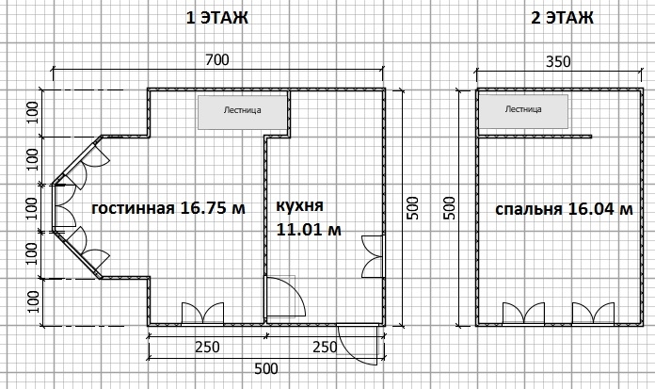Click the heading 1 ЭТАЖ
(216, 18)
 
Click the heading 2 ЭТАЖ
(562, 18)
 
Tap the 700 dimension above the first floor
(217, 60)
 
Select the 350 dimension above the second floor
(558, 62)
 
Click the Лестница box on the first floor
(243, 112)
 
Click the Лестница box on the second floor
(523, 111)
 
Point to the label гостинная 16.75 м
(168, 208)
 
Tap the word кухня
(299, 205)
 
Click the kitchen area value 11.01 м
(309, 230)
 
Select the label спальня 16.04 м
(564, 209)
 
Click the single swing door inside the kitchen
(286, 297)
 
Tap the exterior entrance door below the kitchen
(360, 344)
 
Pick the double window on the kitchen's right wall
(373, 256)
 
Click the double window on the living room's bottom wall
(202, 313)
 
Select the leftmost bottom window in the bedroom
(523, 314)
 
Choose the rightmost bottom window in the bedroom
(593, 314)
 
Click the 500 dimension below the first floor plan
(266, 368)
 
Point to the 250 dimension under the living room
(207, 348)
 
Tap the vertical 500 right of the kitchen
(413, 208)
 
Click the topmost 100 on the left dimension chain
(33, 112)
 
